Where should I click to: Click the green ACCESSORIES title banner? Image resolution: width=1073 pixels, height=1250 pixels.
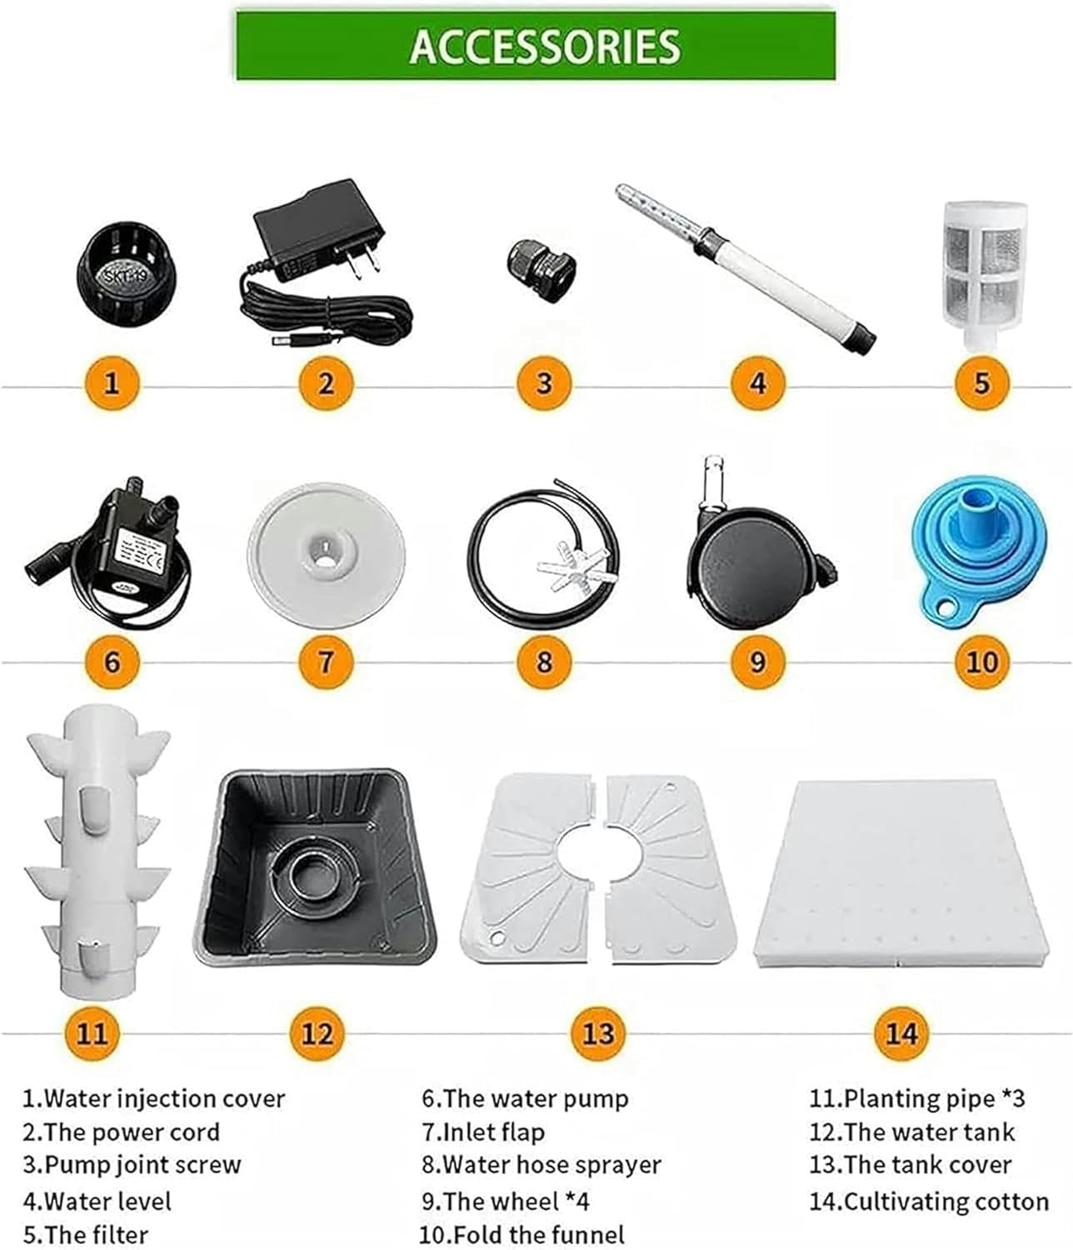click(x=536, y=45)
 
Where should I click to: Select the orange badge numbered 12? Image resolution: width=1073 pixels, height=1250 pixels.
click(x=317, y=1033)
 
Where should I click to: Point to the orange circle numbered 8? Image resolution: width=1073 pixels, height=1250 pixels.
click(x=543, y=662)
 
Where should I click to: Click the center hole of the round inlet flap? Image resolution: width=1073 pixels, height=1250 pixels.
click(x=326, y=552)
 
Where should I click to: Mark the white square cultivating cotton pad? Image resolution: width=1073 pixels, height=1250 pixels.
click(x=900, y=871)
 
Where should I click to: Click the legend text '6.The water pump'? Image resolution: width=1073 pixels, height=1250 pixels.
click(x=525, y=1098)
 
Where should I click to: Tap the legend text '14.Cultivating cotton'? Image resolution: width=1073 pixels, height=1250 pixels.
click(x=928, y=1201)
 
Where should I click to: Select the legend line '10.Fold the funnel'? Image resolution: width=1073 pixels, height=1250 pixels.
click(x=522, y=1234)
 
